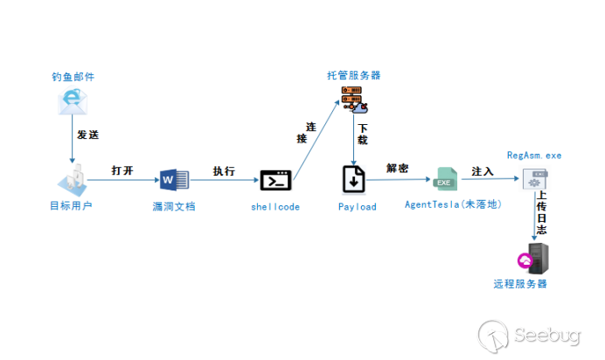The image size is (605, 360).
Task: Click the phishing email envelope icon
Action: click(x=73, y=101)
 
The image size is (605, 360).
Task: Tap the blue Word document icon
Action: click(x=174, y=180)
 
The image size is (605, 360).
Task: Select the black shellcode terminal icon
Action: click(x=276, y=180)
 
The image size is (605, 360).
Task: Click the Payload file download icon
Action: click(x=353, y=179)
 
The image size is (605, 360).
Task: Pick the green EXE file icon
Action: click(x=445, y=179)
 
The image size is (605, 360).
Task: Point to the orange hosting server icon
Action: click(x=354, y=100)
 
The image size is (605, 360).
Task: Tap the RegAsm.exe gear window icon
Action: click(x=535, y=179)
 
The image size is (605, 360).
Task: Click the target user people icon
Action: click(x=73, y=180)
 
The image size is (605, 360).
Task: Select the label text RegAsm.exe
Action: click(x=534, y=156)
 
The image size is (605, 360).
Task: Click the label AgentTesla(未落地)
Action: click(x=453, y=204)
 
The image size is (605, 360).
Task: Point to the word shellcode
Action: click(x=275, y=207)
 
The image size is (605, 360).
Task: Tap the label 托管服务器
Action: click(x=354, y=75)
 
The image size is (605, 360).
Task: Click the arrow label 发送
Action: click(x=88, y=135)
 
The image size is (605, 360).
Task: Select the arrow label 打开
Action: click(x=122, y=170)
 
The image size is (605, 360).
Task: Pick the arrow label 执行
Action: click(x=224, y=170)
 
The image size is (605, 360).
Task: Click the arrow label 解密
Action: click(x=398, y=168)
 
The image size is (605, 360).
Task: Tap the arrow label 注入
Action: click(x=483, y=171)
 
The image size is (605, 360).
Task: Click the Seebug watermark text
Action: click(x=547, y=335)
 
